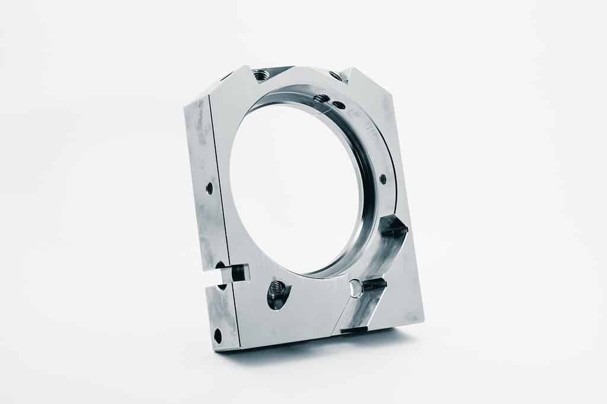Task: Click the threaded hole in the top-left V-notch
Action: tap(260, 75)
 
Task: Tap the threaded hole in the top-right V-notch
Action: tap(336, 75)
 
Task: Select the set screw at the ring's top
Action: tap(321, 98)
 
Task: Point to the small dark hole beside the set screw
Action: tap(339, 105)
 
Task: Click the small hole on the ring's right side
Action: tap(383, 178)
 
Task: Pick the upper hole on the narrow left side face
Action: tap(209, 188)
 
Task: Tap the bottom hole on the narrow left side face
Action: tap(218, 336)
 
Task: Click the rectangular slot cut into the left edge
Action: tap(228, 274)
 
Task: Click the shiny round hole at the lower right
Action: tap(356, 288)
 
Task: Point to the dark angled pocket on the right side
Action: tap(393, 227)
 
